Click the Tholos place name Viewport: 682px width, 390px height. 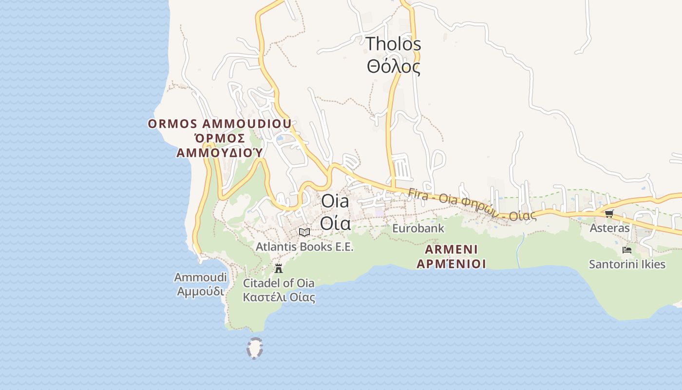[x=393, y=44]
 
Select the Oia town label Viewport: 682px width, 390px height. [x=335, y=201]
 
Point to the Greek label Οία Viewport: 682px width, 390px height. [x=335, y=223]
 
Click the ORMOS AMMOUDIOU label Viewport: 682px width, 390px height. [x=220, y=124]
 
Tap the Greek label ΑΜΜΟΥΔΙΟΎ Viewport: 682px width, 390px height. [x=220, y=153]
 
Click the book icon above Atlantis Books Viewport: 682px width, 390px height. [x=304, y=233]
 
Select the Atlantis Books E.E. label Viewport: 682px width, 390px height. [x=304, y=247]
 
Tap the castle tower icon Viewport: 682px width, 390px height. [x=279, y=268]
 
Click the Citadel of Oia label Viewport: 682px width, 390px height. [x=279, y=283]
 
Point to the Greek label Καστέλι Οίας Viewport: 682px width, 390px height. [x=279, y=297]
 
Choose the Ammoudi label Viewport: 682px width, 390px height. [x=200, y=277]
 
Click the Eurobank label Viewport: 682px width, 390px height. [x=418, y=228]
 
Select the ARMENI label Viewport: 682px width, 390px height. [x=451, y=250]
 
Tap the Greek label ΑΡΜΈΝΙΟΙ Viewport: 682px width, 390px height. [x=451, y=264]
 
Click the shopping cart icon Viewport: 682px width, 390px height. [x=609, y=214]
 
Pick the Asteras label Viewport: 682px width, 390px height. [x=609, y=228]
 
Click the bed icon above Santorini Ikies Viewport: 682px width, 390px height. [x=627, y=250]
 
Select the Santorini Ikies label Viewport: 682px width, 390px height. [x=627, y=265]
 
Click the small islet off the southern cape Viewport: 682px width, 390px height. [x=254, y=348]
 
